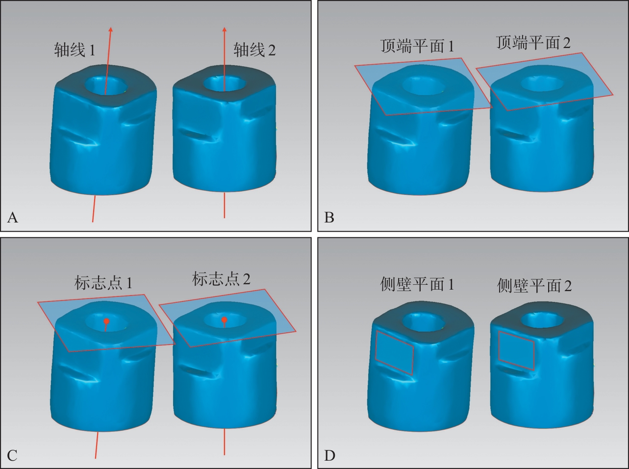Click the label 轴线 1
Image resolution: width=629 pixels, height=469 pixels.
(x=75, y=50)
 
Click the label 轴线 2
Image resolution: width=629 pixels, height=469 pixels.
(x=254, y=50)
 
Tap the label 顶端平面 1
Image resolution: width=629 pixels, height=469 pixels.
(x=417, y=46)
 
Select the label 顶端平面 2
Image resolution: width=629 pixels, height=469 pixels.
(x=533, y=43)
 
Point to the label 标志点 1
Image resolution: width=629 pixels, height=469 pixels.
(x=103, y=283)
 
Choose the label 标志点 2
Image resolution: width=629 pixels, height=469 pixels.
(x=221, y=279)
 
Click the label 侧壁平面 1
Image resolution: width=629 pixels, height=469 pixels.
(x=417, y=284)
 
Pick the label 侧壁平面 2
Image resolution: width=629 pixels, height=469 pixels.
(x=534, y=286)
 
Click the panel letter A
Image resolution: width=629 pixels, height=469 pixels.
(x=13, y=218)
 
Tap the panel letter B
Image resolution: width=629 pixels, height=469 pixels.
(x=329, y=218)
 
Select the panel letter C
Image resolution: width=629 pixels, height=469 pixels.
(x=12, y=456)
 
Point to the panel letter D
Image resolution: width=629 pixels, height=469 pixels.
(x=329, y=456)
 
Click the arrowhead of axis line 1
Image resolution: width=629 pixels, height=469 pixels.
(x=111, y=29)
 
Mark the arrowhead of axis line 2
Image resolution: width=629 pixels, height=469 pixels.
(x=225, y=29)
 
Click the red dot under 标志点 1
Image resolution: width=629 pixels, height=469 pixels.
(x=106, y=321)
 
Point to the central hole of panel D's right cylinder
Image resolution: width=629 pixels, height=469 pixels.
(x=542, y=321)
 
